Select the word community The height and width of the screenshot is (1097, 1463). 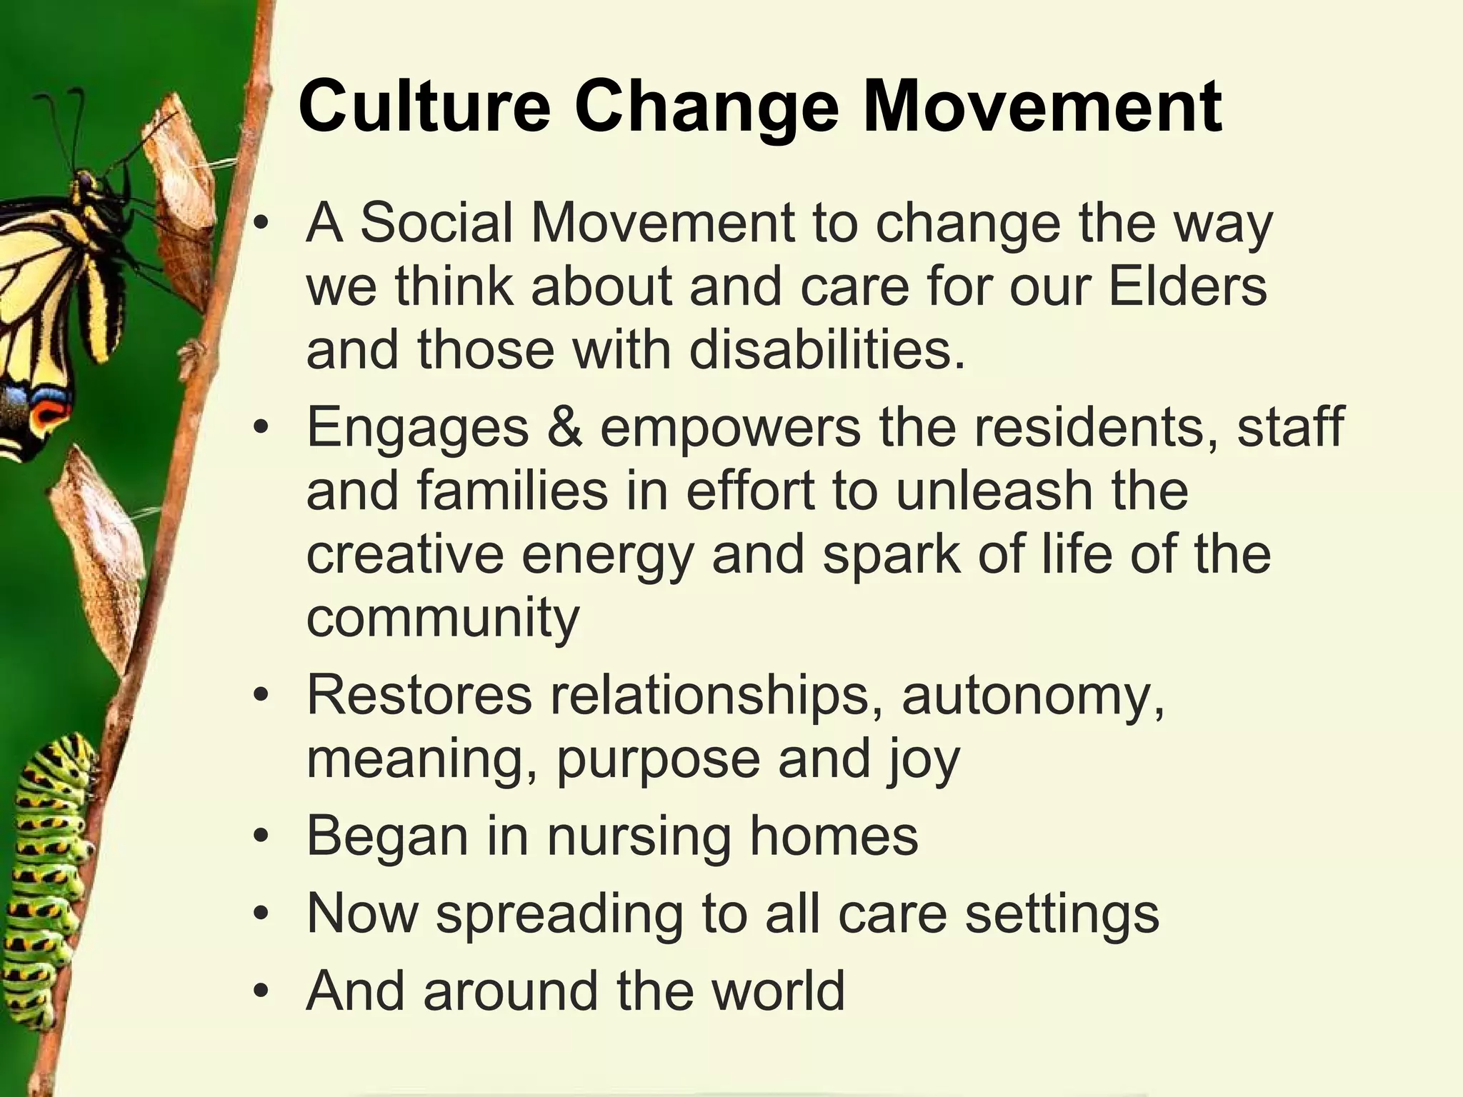click(x=443, y=618)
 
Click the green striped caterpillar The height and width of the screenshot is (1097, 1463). click(x=54, y=857)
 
